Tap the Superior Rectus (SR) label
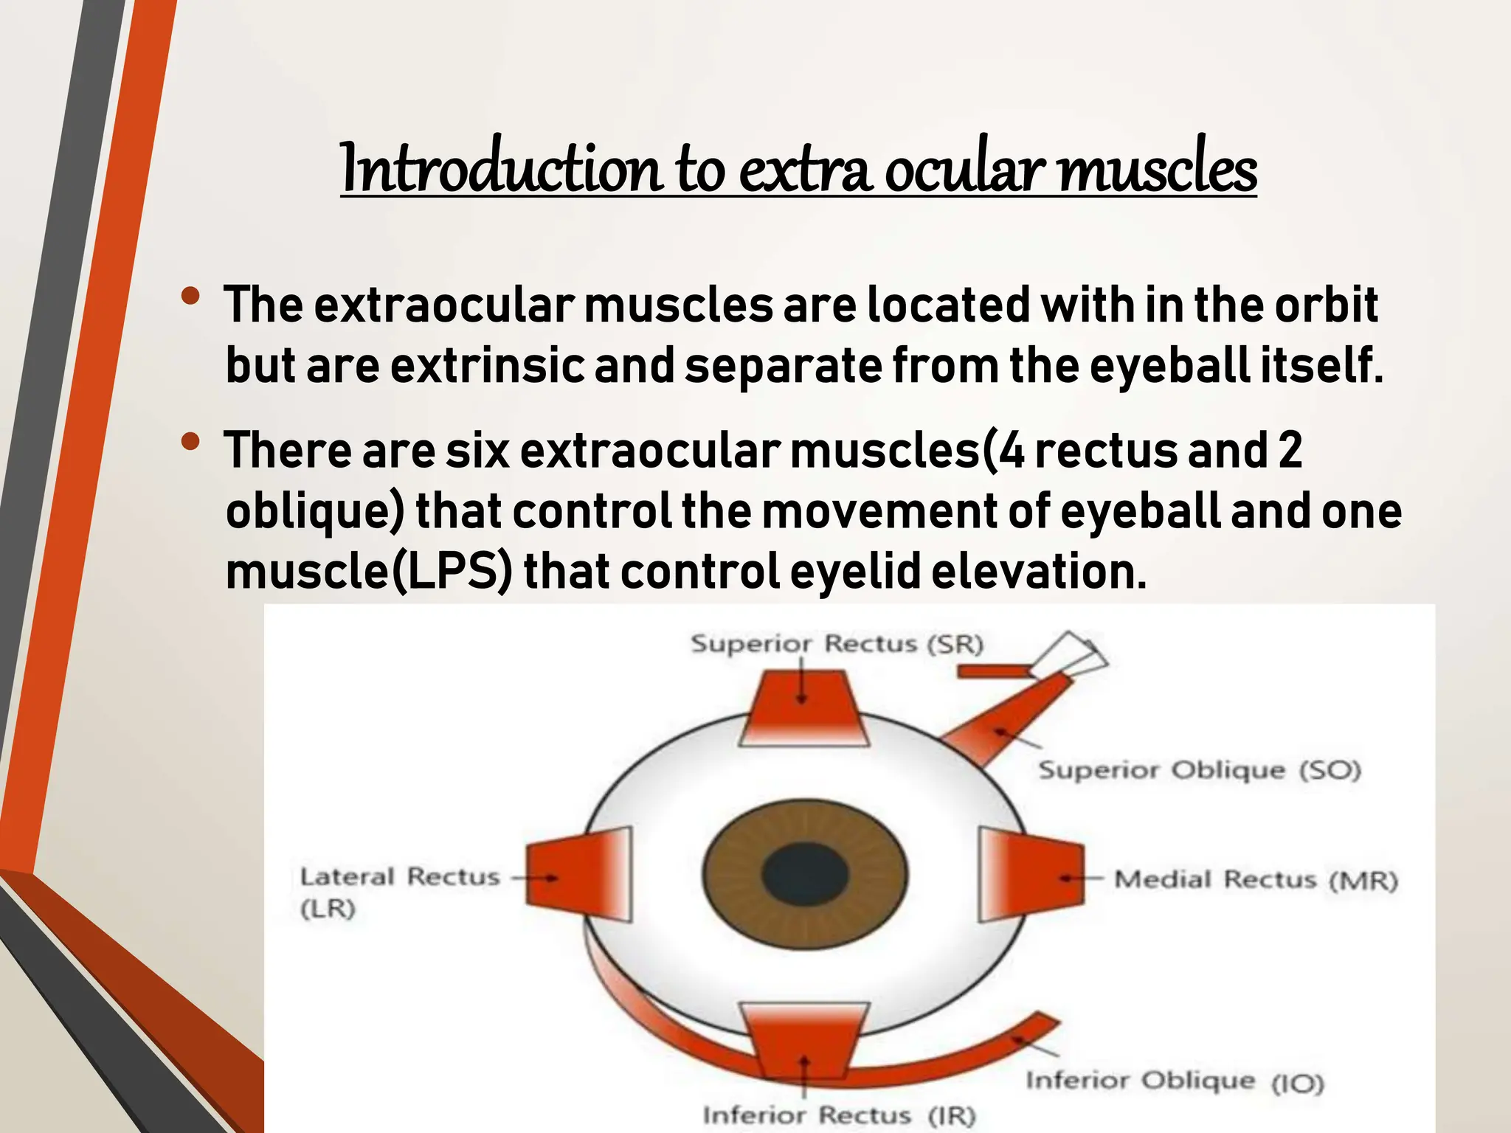[x=837, y=644]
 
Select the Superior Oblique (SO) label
[x=1200, y=771]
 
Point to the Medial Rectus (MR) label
[x=1255, y=880]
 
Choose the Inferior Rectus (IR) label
[x=839, y=1115]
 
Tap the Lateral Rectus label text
[x=399, y=877]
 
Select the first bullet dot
[x=190, y=297]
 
